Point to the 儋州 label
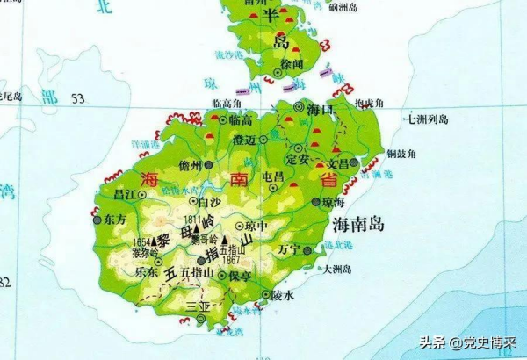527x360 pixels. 189,166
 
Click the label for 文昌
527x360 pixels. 338,164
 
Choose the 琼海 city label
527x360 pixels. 333,201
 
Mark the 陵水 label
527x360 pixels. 282,295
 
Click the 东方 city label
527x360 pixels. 115,219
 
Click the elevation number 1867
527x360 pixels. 232,259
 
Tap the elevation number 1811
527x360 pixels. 195,217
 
